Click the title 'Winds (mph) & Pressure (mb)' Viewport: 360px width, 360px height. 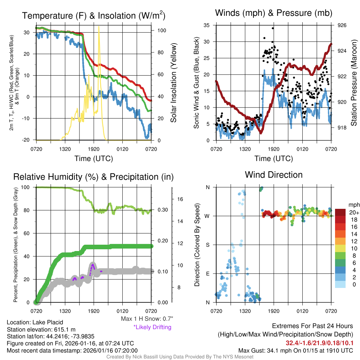click(274, 13)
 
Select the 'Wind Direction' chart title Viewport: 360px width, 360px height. click(274, 175)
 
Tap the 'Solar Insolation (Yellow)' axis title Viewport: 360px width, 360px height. click(173, 83)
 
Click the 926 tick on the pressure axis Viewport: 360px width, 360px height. click(342, 25)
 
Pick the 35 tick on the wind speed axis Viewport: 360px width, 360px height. click(207, 25)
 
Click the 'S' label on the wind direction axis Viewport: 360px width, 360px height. click(207, 245)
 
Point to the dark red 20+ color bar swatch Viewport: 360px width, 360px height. click(341, 212)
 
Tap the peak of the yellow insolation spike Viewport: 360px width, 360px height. click(99, 26)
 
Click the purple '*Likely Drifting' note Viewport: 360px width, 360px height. click(152, 327)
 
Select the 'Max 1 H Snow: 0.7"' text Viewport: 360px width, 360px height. click(147, 319)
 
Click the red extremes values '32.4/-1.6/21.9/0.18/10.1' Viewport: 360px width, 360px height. click(319, 343)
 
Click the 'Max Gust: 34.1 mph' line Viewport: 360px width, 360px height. click(296, 351)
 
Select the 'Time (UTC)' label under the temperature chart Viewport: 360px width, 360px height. click(94, 159)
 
